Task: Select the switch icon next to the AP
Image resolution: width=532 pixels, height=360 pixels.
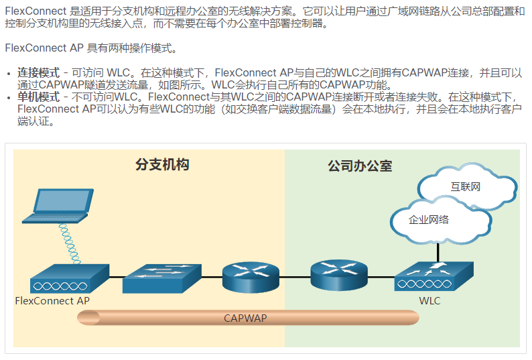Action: tap(161, 278)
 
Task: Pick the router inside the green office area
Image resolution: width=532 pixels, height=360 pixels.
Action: tap(339, 274)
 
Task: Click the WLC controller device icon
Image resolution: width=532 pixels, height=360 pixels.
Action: tap(433, 277)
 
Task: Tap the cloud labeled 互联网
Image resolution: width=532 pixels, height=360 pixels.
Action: tap(465, 186)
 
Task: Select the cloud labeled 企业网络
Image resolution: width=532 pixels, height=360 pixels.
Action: tap(429, 220)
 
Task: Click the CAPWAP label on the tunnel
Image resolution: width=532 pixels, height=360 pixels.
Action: tap(245, 318)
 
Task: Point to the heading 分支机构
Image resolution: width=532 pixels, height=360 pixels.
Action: tap(162, 165)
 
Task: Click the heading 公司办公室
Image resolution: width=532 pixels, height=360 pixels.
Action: tap(360, 165)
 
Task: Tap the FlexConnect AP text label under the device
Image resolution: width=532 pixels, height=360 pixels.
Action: tap(52, 301)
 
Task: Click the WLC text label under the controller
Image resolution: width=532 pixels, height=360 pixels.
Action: tap(429, 301)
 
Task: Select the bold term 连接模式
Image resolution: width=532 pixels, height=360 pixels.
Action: tap(38, 72)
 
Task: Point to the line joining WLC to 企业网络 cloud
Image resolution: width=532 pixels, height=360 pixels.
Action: tap(439, 253)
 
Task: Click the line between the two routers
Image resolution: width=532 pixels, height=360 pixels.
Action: tap(294, 276)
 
